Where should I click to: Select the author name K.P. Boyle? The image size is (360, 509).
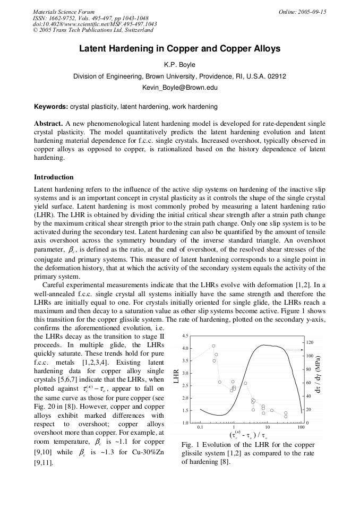point(179,65)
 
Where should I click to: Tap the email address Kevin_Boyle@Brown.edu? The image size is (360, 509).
point(179,88)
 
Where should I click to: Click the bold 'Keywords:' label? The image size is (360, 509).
point(51,107)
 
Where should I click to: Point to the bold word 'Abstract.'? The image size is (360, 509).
point(49,123)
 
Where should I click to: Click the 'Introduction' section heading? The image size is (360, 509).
point(54,177)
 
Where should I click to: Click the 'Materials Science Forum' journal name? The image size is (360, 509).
point(64,12)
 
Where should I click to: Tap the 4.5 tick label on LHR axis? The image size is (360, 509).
point(185,337)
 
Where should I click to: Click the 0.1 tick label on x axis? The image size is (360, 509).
point(200,427)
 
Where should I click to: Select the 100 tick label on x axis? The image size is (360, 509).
point(301,427)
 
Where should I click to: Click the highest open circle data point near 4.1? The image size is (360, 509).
point(213,346)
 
